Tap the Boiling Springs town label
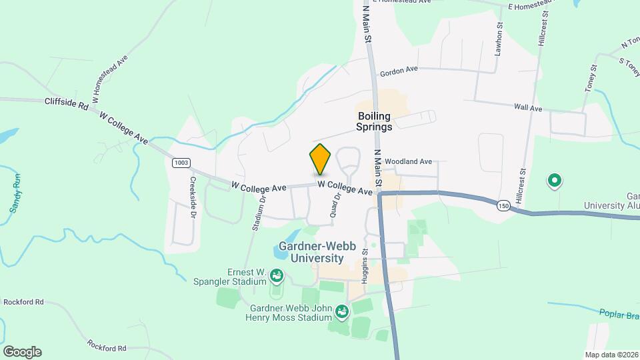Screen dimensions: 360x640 (x=374, y=121)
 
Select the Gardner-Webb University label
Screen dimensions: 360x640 (x=321, y=252)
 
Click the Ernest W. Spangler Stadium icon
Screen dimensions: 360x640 (x=277, y=275)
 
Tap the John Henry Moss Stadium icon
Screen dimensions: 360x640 (x=342, y=311)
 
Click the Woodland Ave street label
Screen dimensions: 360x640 (x=408, y=161)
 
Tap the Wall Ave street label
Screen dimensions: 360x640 (x=528, y=107)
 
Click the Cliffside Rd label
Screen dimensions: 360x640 (x=67, y=103)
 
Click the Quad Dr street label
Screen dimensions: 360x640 (x=335, y=205)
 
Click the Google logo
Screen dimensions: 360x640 (x=22, y=351)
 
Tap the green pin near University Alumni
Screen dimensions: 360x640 (x=553, y=180)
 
